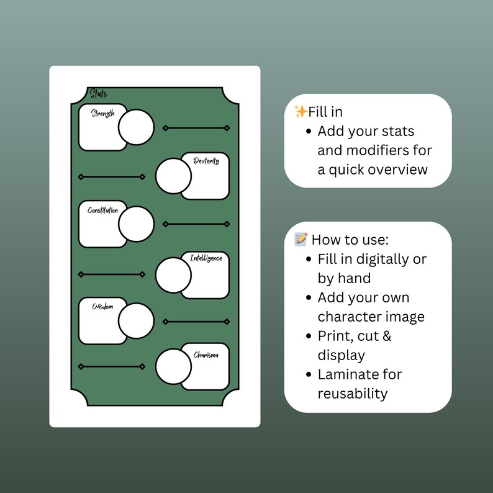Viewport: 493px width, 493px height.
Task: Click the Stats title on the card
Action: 98,93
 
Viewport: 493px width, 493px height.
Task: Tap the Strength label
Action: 103,113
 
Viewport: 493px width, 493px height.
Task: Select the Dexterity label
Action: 206,161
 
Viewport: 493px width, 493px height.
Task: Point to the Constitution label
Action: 103,210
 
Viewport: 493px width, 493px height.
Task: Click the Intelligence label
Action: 206,258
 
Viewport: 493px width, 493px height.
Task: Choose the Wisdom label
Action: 102,306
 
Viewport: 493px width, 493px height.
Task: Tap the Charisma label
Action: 206,355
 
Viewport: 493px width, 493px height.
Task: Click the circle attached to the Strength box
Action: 136,127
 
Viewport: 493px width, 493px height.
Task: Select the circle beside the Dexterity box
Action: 174,176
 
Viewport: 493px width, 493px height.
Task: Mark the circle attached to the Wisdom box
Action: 136,321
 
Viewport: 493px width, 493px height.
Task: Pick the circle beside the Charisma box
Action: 174,366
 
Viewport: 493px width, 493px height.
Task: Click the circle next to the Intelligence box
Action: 174,275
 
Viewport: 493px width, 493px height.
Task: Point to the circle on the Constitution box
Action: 136,224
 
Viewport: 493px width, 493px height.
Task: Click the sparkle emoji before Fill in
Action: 301,112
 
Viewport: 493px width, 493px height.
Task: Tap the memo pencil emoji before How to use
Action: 301,239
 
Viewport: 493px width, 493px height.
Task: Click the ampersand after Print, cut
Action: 387,336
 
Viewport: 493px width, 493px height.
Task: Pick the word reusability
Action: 353,394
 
